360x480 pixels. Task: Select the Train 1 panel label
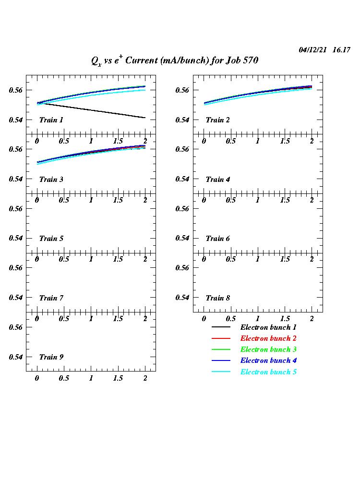point(51,120)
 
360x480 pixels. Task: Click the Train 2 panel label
point(217,120)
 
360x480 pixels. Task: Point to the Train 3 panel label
point(51,180)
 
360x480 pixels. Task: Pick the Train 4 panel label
point(217,180)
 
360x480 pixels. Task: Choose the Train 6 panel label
point(217,239)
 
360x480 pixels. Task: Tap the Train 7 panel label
point(51,298)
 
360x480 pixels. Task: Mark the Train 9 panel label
point(51,357)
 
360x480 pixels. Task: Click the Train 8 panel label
point(217,298)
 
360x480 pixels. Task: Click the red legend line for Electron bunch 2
point(221,338)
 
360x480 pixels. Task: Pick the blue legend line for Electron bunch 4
point(221,360)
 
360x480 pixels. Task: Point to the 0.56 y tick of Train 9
point(16,327)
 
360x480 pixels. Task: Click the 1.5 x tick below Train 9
point(118,378)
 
